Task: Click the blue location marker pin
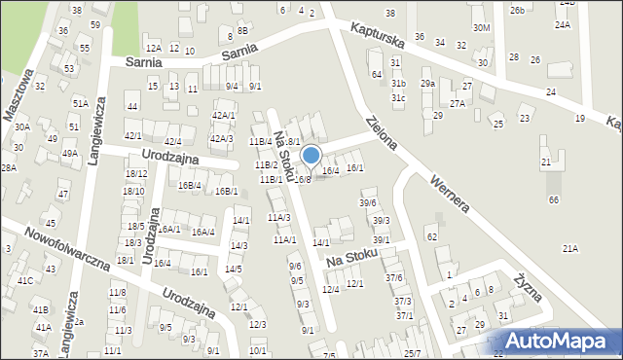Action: point(311,157)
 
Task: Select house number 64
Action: point(376,75)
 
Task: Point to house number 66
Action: point(554,199)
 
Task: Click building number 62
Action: point(432,237)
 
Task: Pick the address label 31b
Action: point(398,85)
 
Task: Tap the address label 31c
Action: point(398,98)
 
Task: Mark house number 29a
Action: point(427,84)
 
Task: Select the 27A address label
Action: point(458,102)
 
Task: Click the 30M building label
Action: point(481,28)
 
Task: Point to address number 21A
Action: point(569,249)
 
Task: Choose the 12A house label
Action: point(152,48)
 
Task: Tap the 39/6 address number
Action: point(367,202)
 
